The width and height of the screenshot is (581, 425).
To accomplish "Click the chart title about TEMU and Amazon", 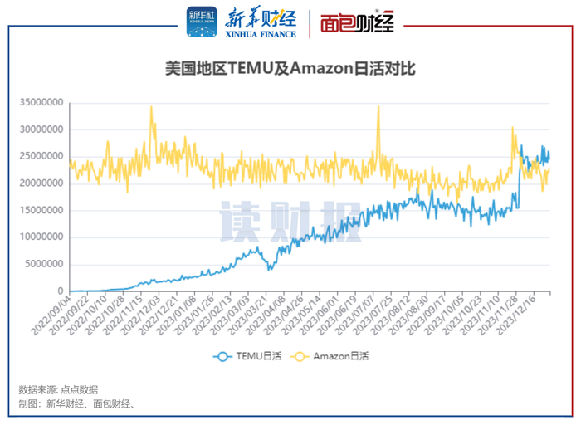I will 290,71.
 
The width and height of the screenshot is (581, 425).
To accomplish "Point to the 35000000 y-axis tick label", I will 42,103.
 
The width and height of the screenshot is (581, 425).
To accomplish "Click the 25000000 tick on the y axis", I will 42,157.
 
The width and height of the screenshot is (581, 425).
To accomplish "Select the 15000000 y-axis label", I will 42,210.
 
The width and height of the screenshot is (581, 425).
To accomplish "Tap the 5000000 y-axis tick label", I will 45,264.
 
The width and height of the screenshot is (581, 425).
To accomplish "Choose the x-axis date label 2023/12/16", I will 531,315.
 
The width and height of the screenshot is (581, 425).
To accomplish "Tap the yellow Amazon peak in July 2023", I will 378,107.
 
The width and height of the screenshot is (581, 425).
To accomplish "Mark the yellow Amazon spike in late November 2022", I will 151,107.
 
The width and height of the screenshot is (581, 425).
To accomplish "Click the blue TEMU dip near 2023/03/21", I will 268,270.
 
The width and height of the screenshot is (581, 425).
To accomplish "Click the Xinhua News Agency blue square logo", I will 201,22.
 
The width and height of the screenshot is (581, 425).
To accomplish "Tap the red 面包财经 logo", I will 357,22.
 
